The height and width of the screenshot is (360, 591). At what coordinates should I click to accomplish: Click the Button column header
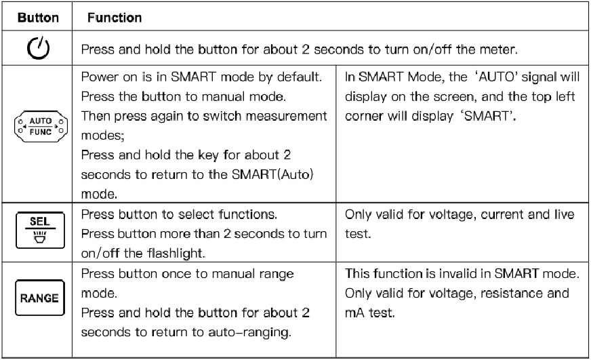point(38,18)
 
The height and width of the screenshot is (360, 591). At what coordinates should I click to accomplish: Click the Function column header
point(115,18)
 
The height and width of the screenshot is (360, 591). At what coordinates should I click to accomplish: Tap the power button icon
point(38,48)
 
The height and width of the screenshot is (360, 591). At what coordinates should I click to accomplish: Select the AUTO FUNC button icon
point(41,126)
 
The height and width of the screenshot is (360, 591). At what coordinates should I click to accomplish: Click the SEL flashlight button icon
point(41,231)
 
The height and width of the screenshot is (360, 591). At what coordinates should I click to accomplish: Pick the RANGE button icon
point(40,298)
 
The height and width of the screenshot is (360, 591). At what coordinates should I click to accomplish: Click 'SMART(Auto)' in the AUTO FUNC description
point(272,174)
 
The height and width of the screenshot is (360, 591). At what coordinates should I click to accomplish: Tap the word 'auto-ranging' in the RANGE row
point(249,332)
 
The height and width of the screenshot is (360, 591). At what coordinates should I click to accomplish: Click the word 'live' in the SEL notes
point(564,214)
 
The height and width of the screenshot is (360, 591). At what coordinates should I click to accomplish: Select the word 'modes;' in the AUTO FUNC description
point(102,136)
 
